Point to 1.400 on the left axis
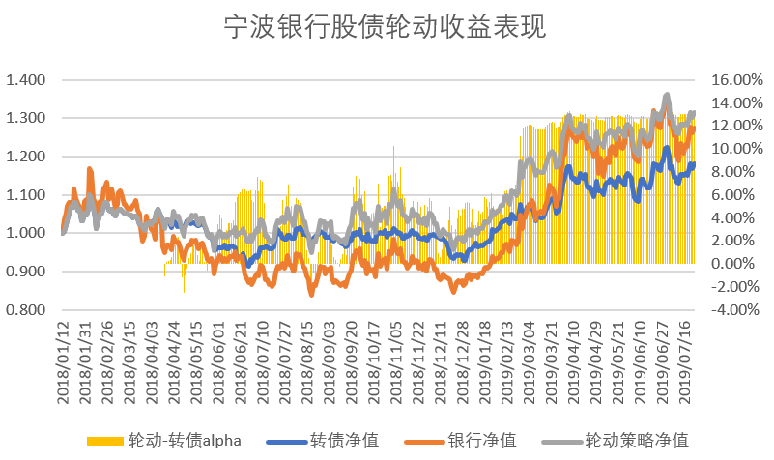point(25,79)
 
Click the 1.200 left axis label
point(25,157)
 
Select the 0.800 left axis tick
point(25,310)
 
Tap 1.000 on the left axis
point(25,233)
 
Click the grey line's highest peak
point(667,96)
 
